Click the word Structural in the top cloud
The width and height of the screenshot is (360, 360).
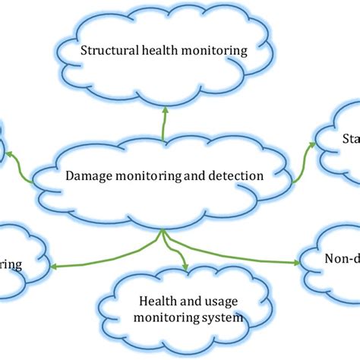click(107, 52)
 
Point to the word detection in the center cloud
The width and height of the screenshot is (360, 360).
click(236, 175)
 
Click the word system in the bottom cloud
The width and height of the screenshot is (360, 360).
click(221, 318)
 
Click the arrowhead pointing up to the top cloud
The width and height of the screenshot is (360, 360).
click(163, 110)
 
